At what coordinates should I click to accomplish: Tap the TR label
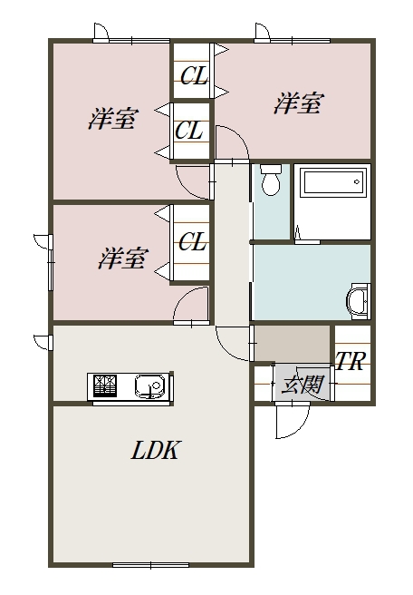click(x=350, y=360)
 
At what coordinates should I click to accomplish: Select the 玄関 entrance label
click(x=303, y=385)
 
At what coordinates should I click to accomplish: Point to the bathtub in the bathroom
click(x=332, y=184)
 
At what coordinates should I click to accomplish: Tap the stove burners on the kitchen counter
click(x=102, y=386)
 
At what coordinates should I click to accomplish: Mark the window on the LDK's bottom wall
click(x=150, y=565)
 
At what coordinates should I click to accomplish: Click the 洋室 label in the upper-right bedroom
click(x=298, y=103)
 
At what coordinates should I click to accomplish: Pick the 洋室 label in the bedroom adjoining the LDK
click(x=121, y=258)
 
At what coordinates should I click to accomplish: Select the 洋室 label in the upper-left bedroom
click(x=112, y=119)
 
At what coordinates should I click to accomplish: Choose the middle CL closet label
click(x=189, y=131)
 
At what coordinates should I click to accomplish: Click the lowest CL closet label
click(x=193, y=242)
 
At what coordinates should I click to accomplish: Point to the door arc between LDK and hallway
click(x=230, y=343)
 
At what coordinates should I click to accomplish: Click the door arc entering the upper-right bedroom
click(x=230, y=144)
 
